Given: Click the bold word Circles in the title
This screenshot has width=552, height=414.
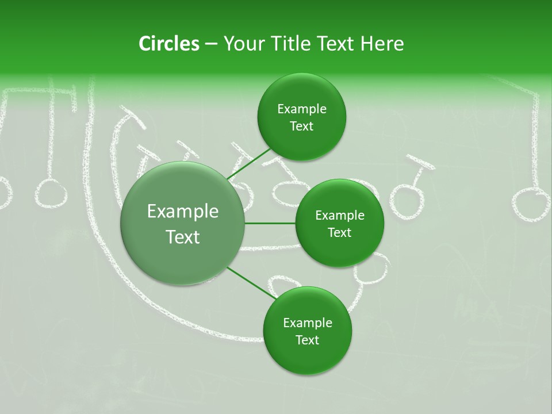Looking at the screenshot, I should (x=169, y=44).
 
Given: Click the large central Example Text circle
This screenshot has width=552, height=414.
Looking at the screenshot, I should (x=183, y=224).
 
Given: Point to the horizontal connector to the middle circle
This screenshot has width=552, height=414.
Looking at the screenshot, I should (x=270, y=223).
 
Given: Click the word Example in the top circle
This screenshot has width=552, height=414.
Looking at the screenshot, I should (x=302, y=109).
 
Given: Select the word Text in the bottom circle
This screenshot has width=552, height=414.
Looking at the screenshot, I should (x=307, y=340).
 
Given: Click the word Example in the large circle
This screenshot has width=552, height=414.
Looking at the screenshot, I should (x=183, y=212).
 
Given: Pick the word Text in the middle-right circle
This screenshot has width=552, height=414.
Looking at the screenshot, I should (x=340, y=232).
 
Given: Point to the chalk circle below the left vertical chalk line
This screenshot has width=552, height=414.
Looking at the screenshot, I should (x=51, y=193).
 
